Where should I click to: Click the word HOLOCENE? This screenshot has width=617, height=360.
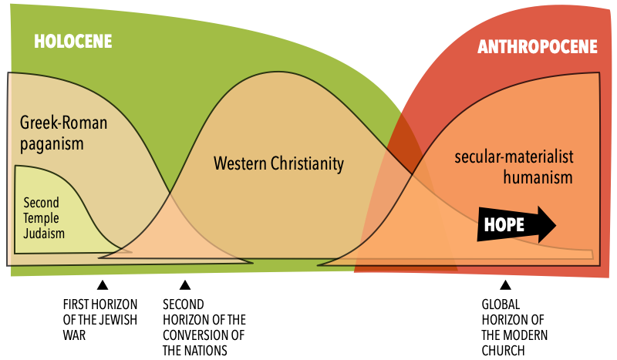point(73,42)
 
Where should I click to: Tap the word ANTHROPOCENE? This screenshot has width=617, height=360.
point(537,47)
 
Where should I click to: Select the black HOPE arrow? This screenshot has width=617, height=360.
point(516,224)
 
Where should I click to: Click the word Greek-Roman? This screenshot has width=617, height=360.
point(63,123)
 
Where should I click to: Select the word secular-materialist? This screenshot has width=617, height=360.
point(514,158)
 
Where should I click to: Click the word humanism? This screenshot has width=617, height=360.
point(538,177)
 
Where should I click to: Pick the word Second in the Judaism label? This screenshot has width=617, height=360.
point(41,204)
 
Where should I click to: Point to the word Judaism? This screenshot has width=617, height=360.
point(44,233)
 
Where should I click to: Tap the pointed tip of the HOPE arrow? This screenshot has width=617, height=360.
point(555,224)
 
